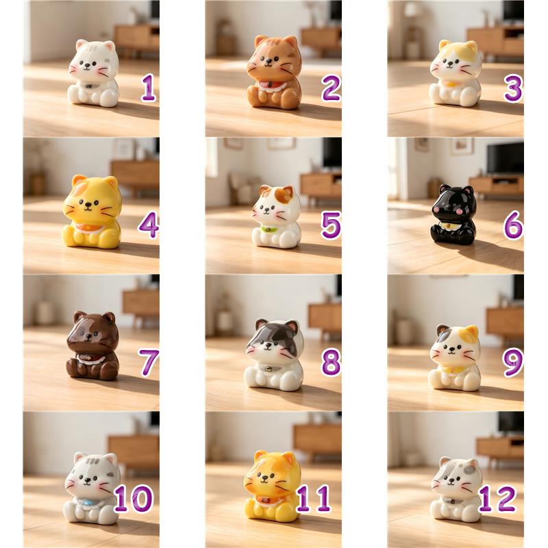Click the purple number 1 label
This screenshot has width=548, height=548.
pos(149,88)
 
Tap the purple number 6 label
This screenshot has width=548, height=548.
pos(513,225)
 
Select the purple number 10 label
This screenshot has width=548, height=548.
pos(133,499)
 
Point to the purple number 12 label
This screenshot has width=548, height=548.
pos(497,499)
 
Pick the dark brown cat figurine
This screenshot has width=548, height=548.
pos(92,345)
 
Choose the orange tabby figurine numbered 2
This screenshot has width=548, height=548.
pos(274,72)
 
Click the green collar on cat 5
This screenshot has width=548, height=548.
pos(269,229)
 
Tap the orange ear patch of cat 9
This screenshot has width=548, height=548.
pos(471,333)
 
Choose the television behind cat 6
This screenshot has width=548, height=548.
pos(506,159)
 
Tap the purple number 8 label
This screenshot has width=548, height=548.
pos(331,362)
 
